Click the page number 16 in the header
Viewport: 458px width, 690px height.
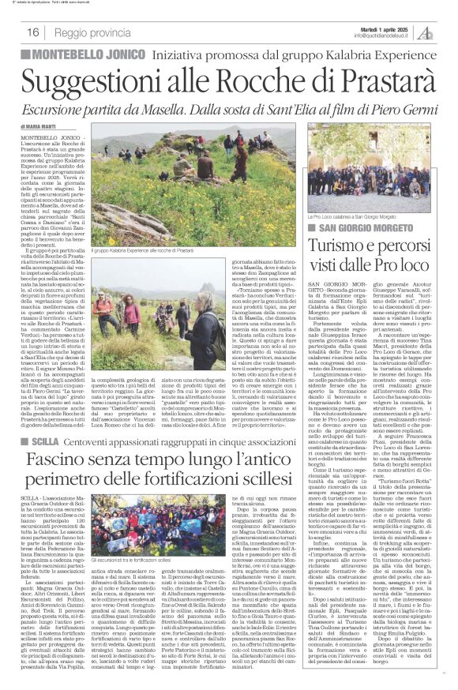tap(34, 32)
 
